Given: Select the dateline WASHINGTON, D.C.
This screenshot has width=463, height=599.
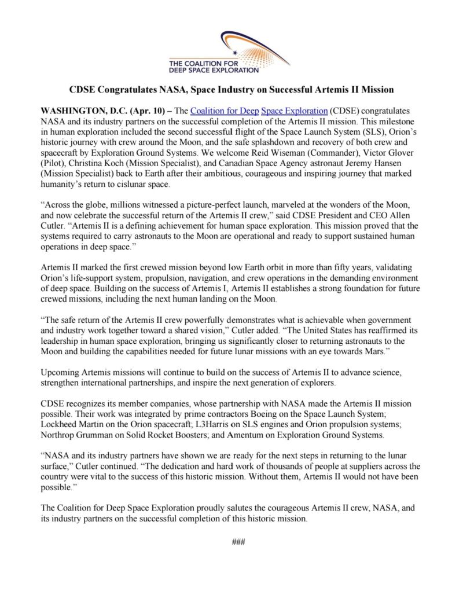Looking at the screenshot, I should coord(79,109).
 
